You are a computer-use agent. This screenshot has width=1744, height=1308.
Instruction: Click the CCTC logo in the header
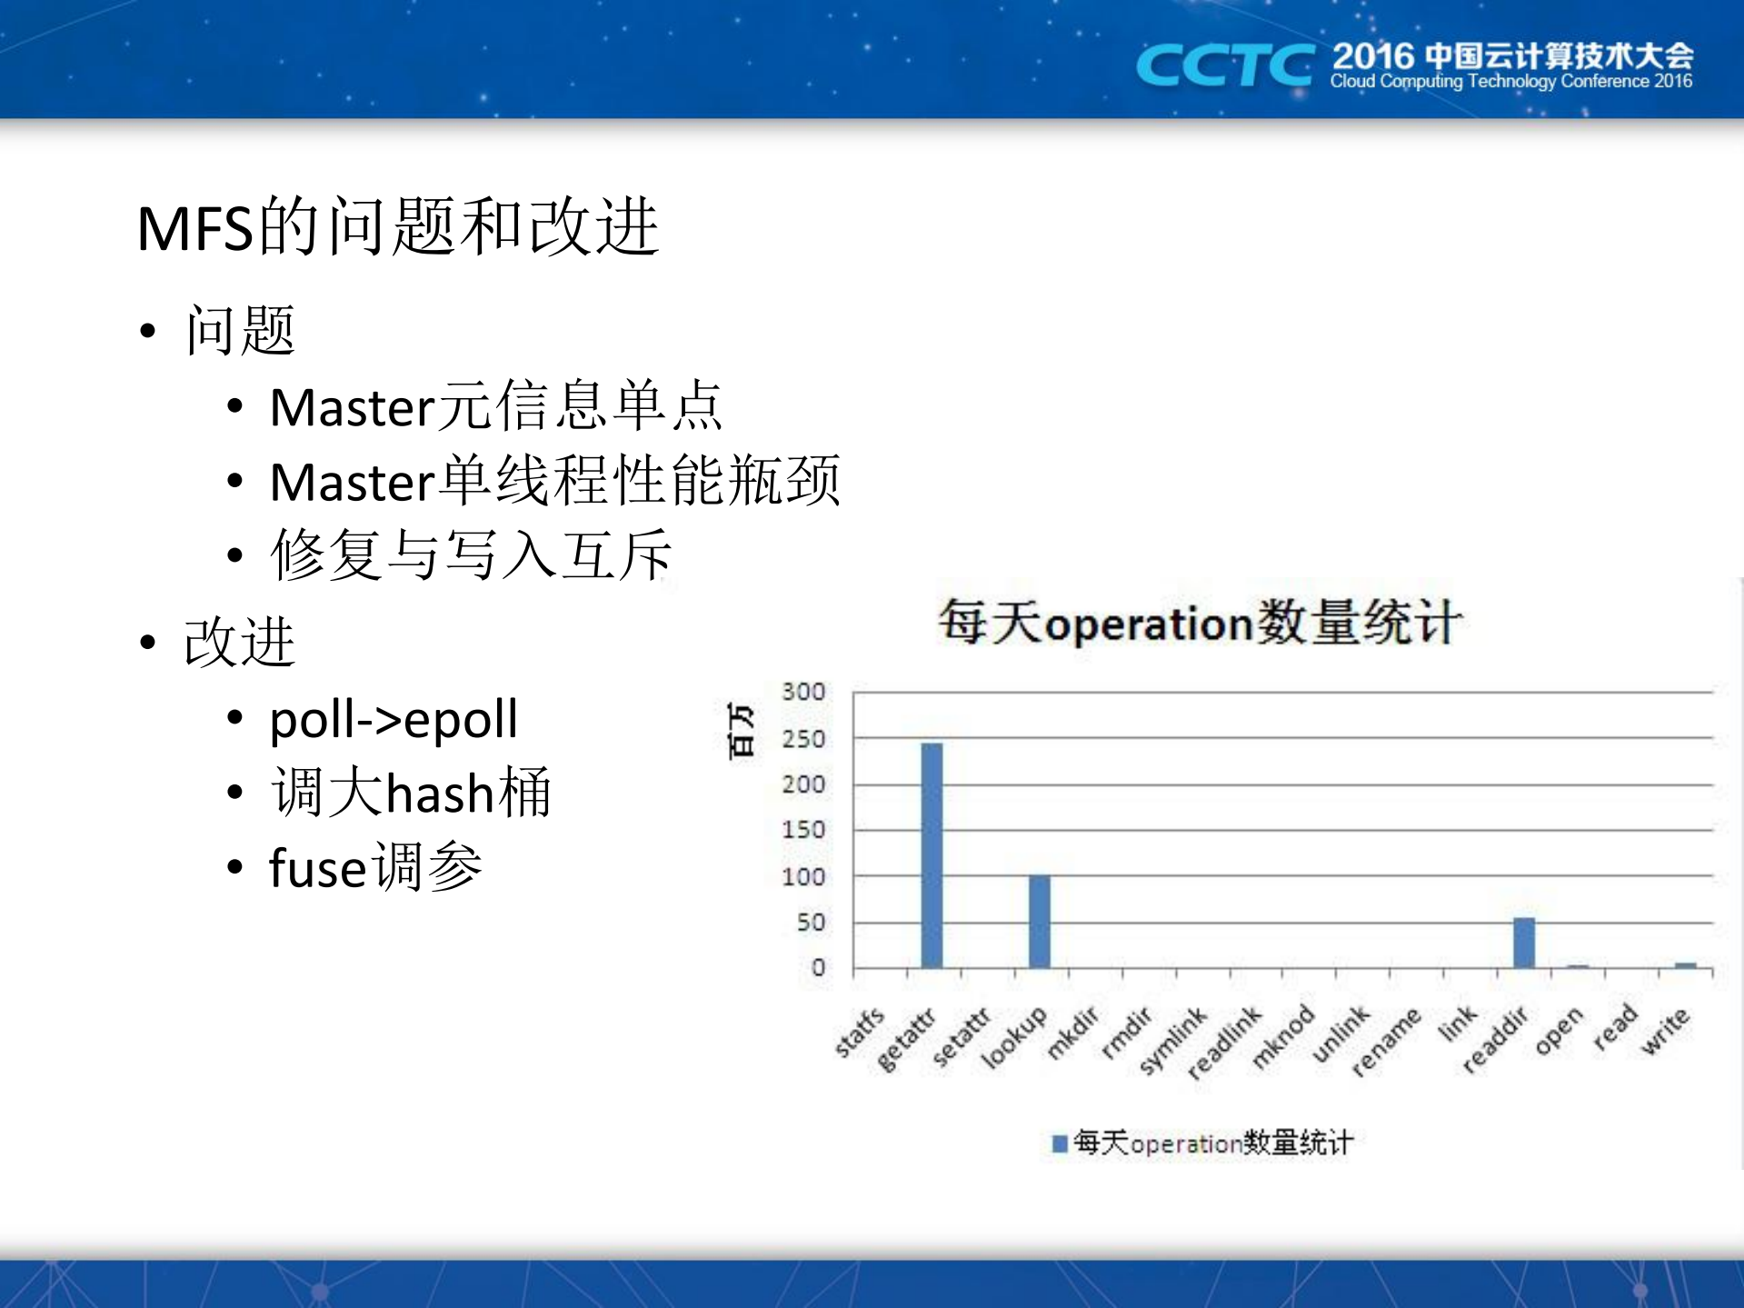(1223, 65)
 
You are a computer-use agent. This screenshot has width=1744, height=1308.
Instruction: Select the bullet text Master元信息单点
(495, 406)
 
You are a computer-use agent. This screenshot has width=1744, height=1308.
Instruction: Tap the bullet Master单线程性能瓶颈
(554, 481)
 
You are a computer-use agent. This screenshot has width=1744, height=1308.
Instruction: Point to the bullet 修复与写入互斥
(470, 554)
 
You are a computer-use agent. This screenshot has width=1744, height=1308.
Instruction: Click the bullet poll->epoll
(393, 719)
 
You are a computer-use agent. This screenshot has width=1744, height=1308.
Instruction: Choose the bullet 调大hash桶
(410, 793)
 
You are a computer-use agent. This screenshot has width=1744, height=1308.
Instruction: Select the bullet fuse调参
(374, 867)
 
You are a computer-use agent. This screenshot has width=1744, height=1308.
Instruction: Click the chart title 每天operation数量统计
(1200, 624)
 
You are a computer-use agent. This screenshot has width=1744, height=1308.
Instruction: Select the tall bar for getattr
(932, 854)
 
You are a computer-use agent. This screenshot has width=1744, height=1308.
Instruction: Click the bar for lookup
(1039, 921)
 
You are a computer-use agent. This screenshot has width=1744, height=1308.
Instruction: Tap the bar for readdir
(1523, 943)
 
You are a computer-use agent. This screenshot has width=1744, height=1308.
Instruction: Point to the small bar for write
(1685, 965)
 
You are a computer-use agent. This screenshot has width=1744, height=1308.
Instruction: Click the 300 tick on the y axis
(803, 692)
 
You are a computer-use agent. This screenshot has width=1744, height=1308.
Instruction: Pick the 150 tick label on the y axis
(803, 830)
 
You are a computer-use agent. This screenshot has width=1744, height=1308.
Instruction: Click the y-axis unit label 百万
(742, 730)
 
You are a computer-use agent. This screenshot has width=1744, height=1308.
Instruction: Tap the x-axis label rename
(1385, 1041)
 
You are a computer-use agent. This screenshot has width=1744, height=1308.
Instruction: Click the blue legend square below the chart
(1059, 1143)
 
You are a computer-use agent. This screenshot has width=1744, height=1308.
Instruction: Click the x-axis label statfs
(860, 1032)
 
